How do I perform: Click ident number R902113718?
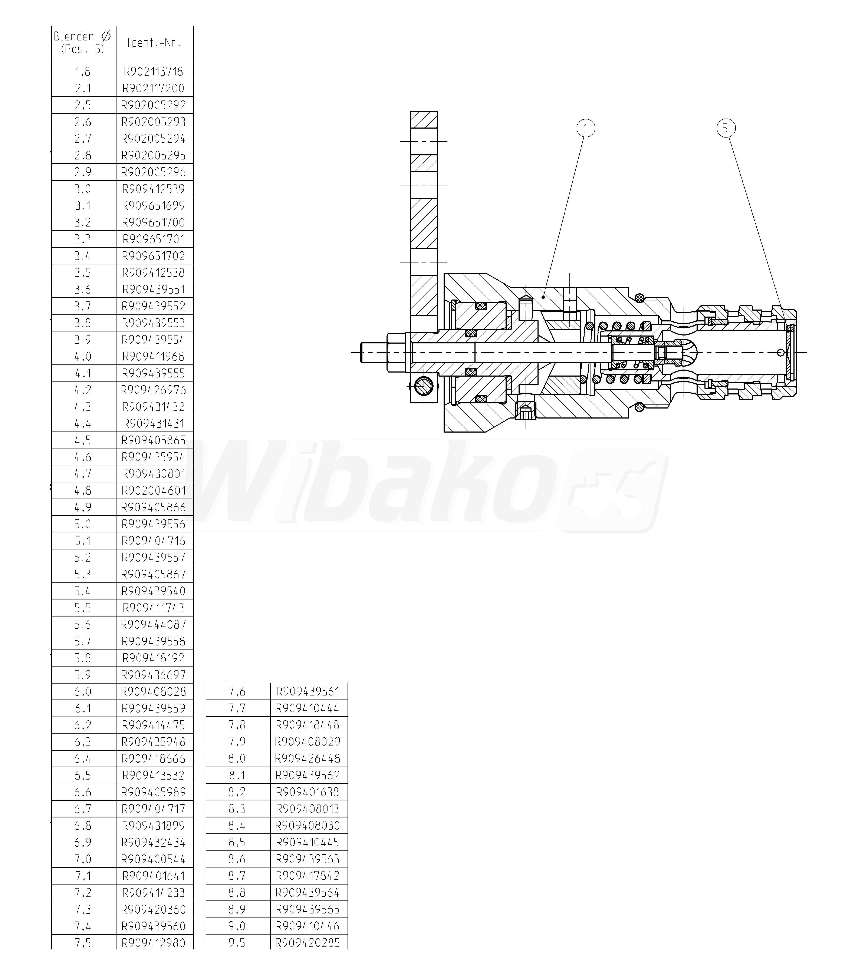[154, 72]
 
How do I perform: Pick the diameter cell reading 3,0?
[83, 189]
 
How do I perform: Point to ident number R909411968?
[154, 357]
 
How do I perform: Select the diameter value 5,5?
[83, 608]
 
